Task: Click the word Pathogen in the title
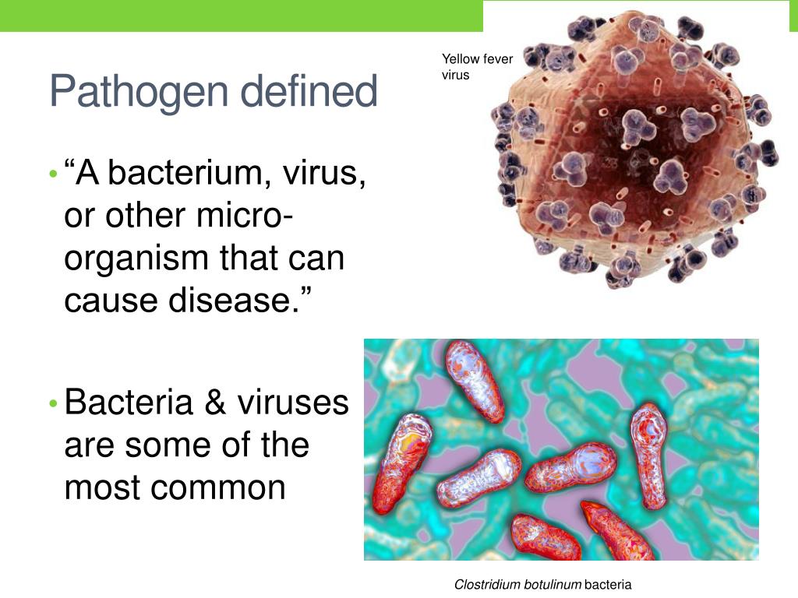point(139,92)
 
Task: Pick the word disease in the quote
point(245,300)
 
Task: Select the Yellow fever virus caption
point(477,67)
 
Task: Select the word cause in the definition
point(107,300)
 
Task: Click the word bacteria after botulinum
point(608,584)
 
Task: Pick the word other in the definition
point(146,216)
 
